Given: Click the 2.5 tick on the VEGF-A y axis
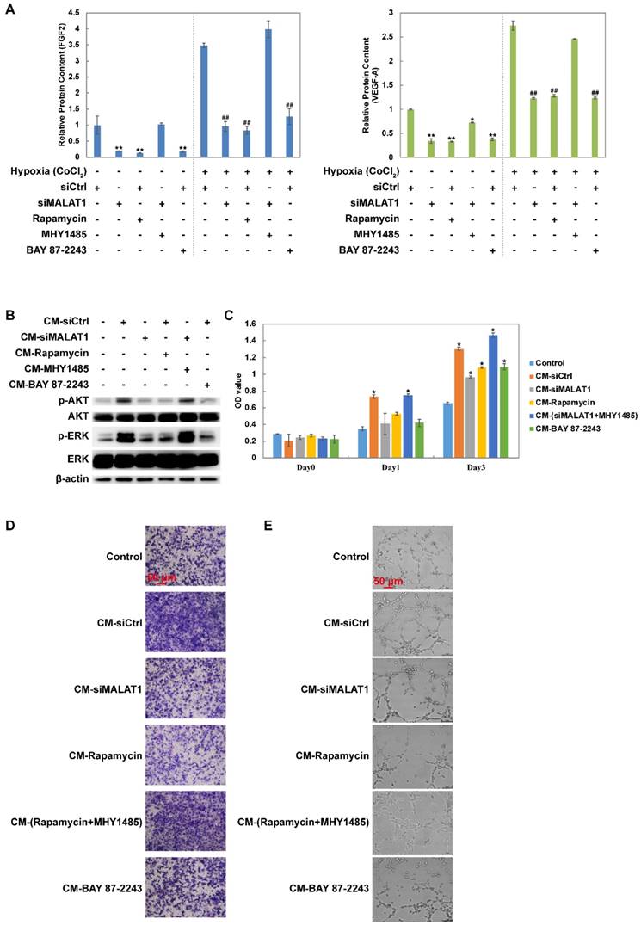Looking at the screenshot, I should coord(398,37).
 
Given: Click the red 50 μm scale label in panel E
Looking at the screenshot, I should coord(388,582).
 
